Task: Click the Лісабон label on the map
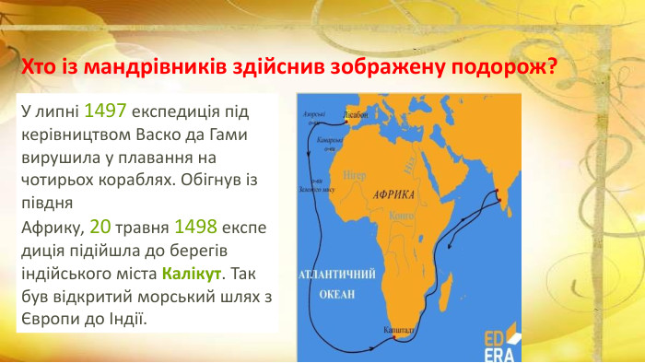point(356,115)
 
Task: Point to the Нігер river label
point(354,174)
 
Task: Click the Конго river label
point(400,215)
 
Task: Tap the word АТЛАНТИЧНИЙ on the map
point(336,275)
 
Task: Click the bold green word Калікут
point(192,274)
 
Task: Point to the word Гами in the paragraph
point(235,134)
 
